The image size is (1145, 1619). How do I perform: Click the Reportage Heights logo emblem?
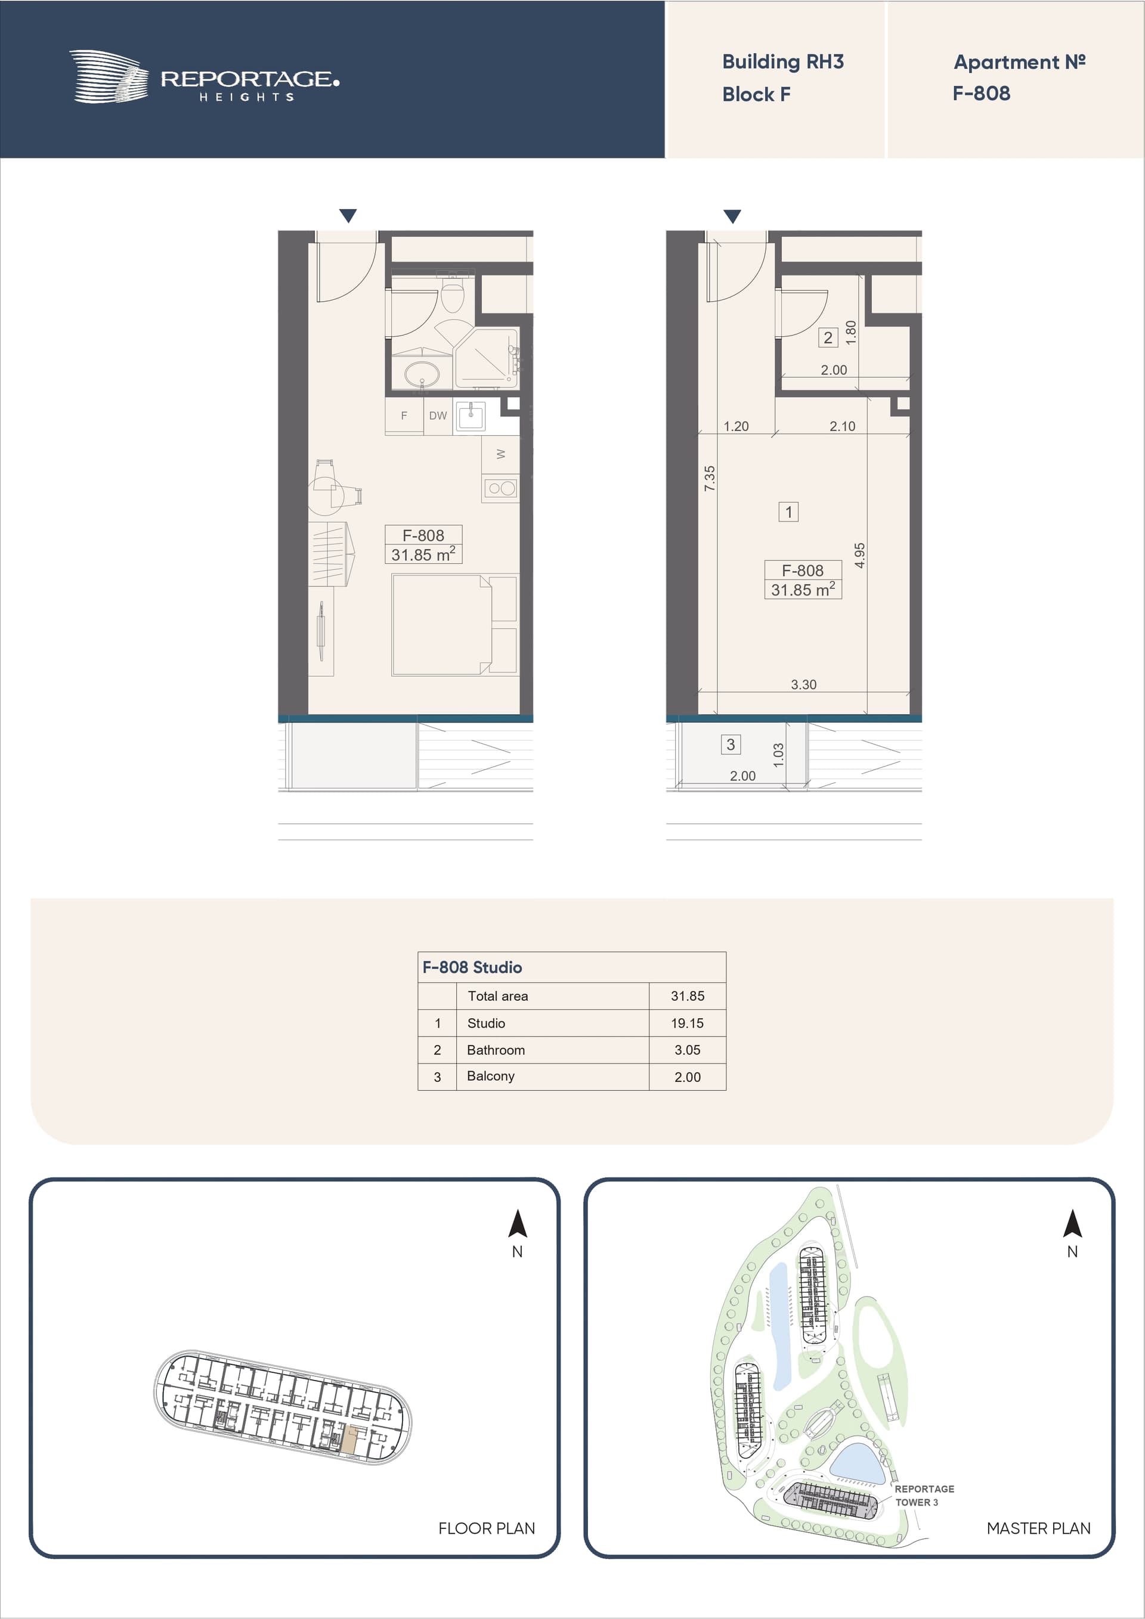109,76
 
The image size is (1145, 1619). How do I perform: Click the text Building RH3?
782,62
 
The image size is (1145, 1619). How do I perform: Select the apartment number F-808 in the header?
982,93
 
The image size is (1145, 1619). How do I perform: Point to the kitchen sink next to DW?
471,416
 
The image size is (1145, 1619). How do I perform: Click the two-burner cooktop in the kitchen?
502,488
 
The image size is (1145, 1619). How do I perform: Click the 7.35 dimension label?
710,478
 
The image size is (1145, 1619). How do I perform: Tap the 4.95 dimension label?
859,556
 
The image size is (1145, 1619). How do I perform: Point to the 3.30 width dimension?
803,685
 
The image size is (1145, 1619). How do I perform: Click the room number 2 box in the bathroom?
828,338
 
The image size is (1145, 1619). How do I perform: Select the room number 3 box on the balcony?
731,745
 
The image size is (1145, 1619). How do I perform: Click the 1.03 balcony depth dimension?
778,755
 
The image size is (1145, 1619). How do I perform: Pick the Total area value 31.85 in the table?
688,996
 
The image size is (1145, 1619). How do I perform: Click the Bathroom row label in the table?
496,1050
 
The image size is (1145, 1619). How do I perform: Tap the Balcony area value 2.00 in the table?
688,1077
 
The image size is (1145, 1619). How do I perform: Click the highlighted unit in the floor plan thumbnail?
351,1437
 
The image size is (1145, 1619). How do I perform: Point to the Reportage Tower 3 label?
924,1495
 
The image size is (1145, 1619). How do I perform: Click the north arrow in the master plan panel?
1072,1224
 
